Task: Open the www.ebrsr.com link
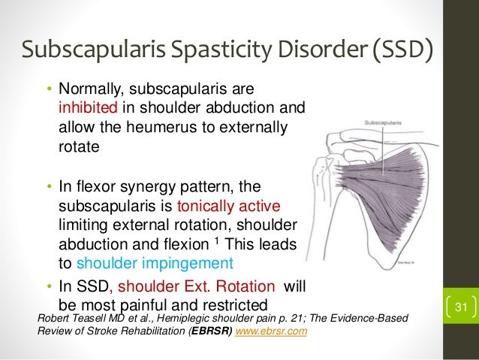[272, 332]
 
